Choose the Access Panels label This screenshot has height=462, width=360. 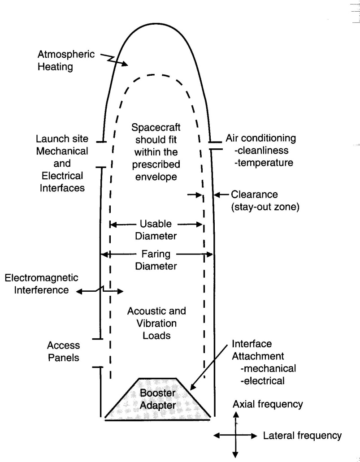click(x=64, y=352)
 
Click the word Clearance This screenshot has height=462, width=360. click(x=254, y=195)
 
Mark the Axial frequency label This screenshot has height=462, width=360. click(x=268, y=404)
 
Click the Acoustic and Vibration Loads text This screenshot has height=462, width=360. click(x=156, y=323)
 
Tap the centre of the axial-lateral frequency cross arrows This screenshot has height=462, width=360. click(x=235, y=435)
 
